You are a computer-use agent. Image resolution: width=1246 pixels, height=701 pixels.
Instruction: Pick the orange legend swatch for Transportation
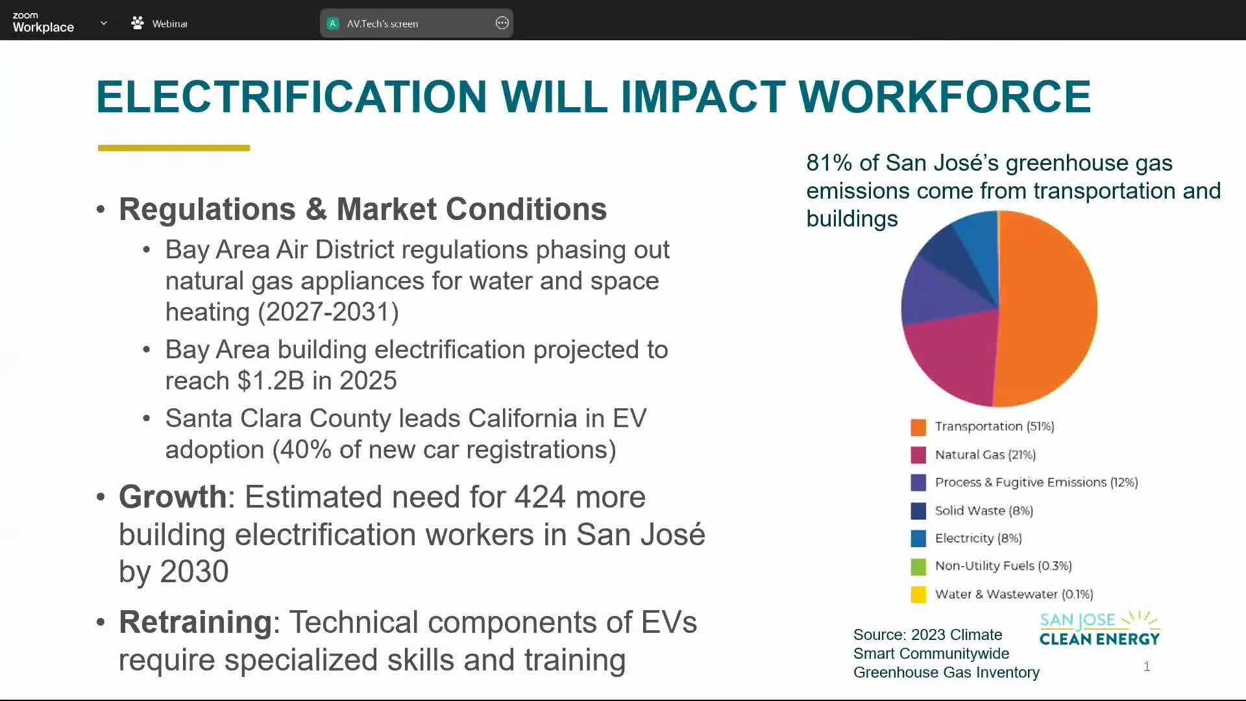pyautogui.click(x=918, y=427)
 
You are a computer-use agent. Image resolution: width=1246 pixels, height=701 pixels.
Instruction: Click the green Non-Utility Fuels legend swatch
pyautogui.click(x=918, y=567)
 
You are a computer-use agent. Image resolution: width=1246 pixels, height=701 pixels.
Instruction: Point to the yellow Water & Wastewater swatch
pyautogui.click(x=918, y=595)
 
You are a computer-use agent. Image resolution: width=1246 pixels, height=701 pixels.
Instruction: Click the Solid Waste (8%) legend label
pyautogui.click(x=984, y=511)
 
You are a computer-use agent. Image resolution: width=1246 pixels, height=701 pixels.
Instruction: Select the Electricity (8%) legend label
pyautogui.click(x=978, y=538)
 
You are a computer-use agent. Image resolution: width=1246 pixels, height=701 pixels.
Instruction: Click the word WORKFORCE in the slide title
pyautogui.click(x=944, y=97)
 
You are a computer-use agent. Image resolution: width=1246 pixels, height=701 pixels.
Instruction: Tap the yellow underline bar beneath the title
pyautogui.click(x=174, y=148)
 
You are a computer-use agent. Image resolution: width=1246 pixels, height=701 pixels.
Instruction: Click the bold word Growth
pyautogui.click(x=173, y=497)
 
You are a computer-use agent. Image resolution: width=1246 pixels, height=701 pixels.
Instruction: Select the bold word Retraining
pyautogui.click(x=195, y=622)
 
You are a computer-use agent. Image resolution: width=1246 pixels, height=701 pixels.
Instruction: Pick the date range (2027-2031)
pyautogui.click(x=328, y=312)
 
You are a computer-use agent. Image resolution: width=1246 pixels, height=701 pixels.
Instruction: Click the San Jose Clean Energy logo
pyautogui.click(x=1099, y=628)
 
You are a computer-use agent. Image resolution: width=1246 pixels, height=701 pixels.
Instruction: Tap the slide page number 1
pyautogui.click(x=1147, y=667)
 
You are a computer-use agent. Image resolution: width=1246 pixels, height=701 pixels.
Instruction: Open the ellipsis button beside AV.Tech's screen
pyautogui.click(x=502, y=23)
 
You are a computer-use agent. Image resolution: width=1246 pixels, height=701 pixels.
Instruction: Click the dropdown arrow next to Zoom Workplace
pyautogui.click(x=103, y=23)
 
